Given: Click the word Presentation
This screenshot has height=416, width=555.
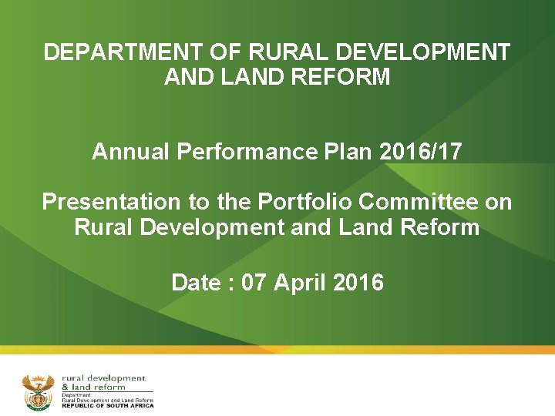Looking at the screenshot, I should pyautogui.click(x=109, y=202).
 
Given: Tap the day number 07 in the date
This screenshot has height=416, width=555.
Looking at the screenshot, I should pyautogui.click(x=254, y=283).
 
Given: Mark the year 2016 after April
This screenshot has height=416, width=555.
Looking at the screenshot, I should pyautogui.click(x=358, y=283).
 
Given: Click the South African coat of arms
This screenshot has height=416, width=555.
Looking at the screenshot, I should pyautogui.click(x=38, y=392).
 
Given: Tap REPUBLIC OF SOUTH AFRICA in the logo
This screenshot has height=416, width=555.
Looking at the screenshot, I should pyautogui.click(x=108, y=406).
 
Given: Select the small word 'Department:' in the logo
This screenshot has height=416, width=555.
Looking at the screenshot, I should pyautogui.click(x=77, y=395).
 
